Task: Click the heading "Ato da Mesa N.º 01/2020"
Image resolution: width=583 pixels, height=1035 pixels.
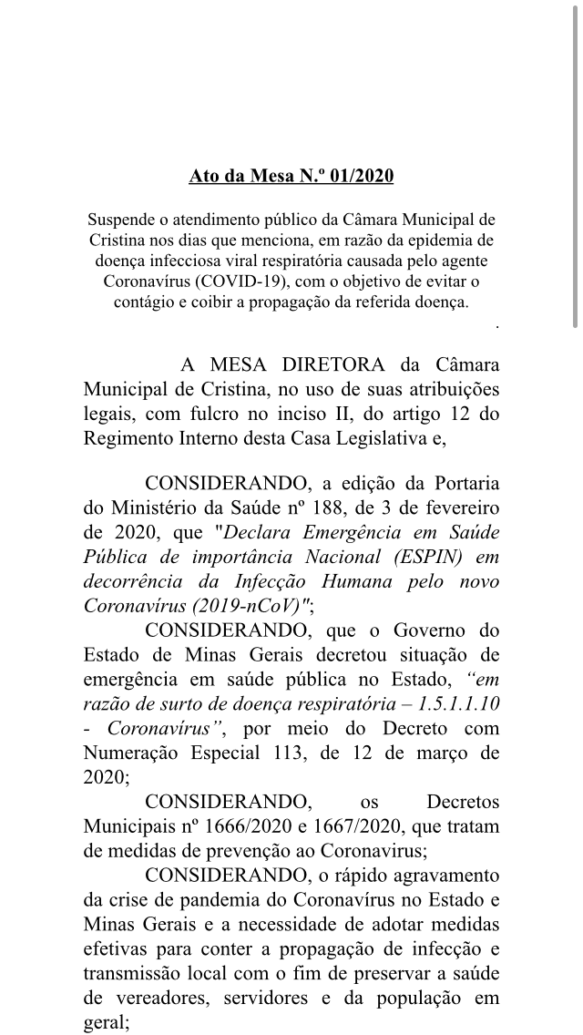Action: click(x=291, y=176)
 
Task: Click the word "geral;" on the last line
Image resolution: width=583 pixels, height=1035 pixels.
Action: click(x=107, y=1022)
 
